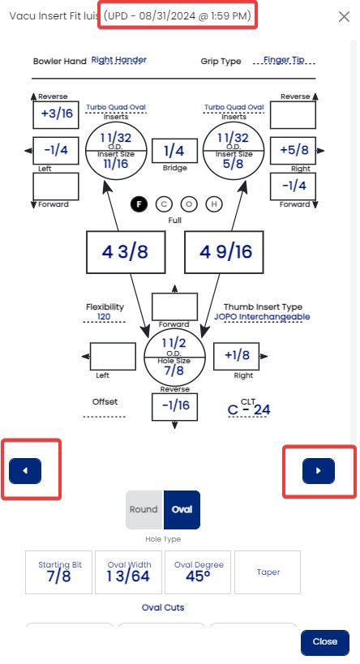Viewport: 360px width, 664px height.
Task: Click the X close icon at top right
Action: coord(344,16)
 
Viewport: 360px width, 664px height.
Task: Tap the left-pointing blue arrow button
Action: coord(25,470)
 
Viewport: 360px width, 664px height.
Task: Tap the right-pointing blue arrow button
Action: coord(319,470)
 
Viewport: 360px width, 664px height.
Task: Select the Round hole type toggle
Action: coord(144,509)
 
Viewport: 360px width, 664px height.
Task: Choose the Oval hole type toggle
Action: coord(182,509)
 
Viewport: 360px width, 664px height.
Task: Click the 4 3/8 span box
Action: coord(126,252)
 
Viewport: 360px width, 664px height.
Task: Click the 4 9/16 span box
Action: coord(224,252)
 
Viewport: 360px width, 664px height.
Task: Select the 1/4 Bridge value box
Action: coord(174,150)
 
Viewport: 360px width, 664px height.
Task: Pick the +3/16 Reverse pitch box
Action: coord(56,114)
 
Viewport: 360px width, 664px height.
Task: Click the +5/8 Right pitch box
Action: coord(293,150)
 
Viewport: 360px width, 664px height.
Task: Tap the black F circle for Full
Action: coord(139,204)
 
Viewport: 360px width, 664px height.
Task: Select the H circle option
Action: coord(214,204)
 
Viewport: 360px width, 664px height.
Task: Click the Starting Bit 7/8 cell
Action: coord(59,572)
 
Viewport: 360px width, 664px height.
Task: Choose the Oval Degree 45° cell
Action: coord(198,572)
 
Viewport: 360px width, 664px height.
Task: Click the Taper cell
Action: coord(268,572)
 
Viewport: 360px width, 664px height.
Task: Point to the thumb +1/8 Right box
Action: coord(236,356)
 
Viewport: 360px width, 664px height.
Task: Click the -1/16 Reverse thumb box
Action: coord(174,406)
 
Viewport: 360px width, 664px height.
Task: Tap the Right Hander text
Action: coord(119,60)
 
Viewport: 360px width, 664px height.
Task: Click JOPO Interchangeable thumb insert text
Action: coord(262,317)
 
